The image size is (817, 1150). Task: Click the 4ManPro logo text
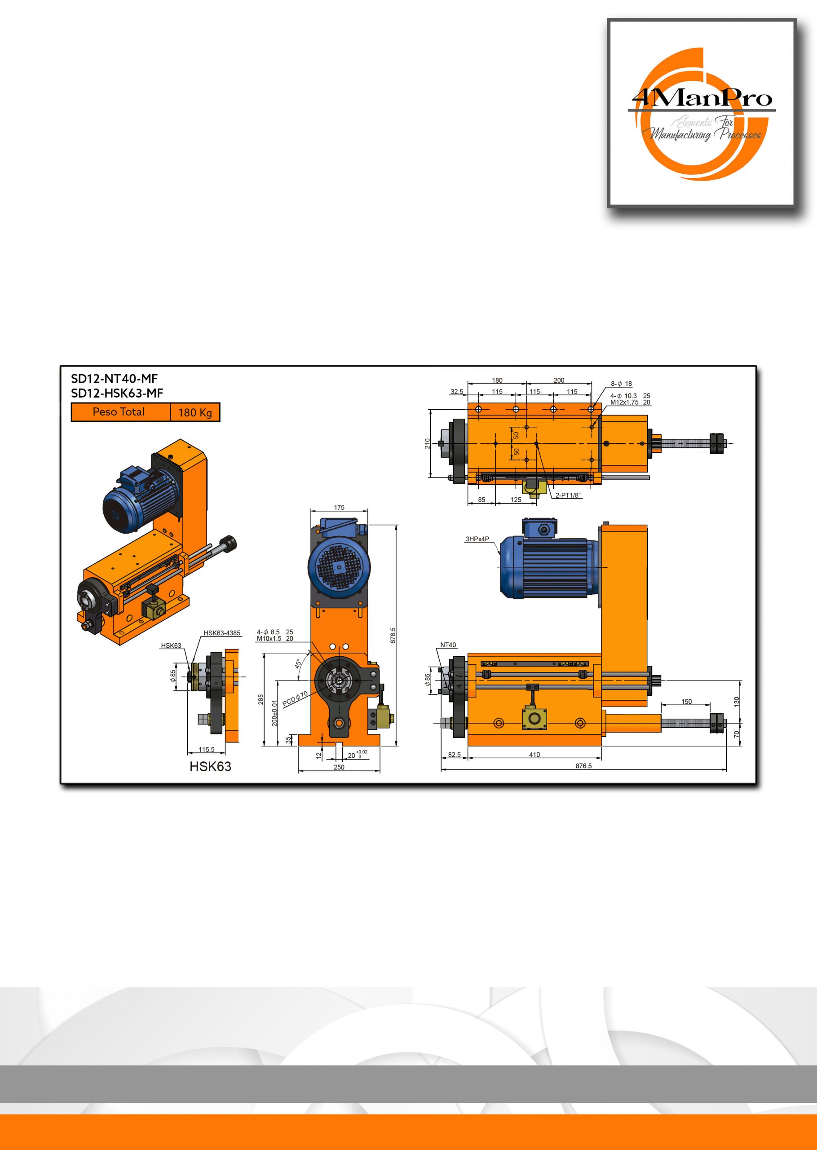(702, 97)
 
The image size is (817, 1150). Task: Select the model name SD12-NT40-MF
(114, 379)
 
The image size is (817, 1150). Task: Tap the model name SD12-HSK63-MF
(117, 393)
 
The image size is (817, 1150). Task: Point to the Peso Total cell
(121, 412)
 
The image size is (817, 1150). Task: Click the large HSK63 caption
(210, 766)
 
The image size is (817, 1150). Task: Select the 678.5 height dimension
(393, 635)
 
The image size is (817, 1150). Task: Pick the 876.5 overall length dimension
(583, 765)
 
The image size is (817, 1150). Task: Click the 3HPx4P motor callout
(477, 539)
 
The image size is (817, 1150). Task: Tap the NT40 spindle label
(448, 645)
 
